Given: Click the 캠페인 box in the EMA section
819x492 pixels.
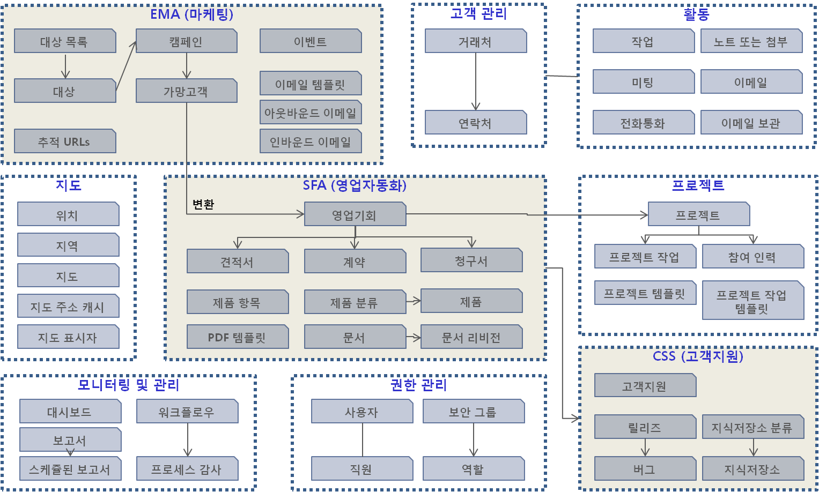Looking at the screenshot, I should [x=186, y=41].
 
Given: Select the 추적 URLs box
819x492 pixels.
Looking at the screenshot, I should [x=64, y=141].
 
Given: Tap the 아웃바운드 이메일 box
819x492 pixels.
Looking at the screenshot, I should [x=310, y=113].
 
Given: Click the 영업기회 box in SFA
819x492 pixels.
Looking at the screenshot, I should [x=355, y=215].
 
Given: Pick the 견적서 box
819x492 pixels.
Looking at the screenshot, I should [x=237, y=262].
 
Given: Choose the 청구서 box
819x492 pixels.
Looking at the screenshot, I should [x=471, y=260].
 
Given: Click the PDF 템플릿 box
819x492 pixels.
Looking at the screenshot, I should [x=237, y=337].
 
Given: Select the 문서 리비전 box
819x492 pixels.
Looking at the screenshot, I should [x=471, y=337].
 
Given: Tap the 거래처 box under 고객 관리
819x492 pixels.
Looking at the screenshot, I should [x=475, y=41].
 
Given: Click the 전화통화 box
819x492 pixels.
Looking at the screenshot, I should [x=643, y=123].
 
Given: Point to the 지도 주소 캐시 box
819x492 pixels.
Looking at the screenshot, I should [x=68, y=307].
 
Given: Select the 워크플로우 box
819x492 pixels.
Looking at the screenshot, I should [x=187, y=412].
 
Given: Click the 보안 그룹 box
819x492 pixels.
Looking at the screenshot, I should [x=473, y=412].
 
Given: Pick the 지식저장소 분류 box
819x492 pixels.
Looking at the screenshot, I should [x=752, y=427].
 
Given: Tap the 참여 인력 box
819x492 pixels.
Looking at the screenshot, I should [x=752, y=257].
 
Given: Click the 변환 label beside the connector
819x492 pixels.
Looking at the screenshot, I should [x=203, y=204].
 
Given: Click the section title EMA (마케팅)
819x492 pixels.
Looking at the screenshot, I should [x=191, y=14].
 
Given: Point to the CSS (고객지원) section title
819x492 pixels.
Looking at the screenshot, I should [x=698, y=356].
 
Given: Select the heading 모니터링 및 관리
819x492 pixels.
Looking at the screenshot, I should [x=129, y=385].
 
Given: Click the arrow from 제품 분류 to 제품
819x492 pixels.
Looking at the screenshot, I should [x=414, y=301].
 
